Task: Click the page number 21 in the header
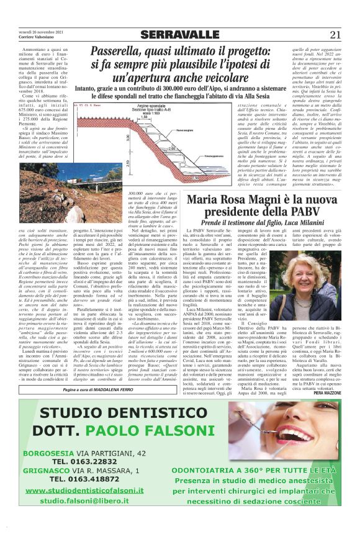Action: (x=335, y=34)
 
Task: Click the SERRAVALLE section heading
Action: (x=180, y=34)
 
